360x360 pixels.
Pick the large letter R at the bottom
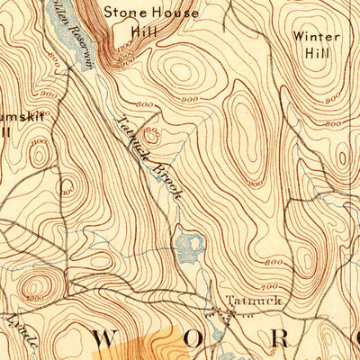coord(281,341)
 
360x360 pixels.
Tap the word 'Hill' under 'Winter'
coord(317,54)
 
